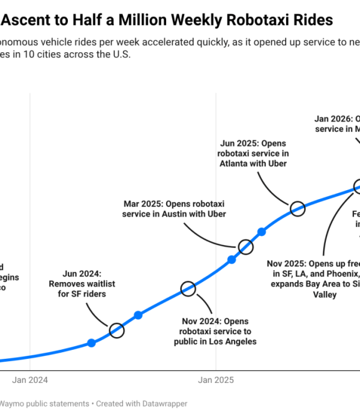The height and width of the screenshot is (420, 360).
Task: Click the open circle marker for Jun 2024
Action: coord(116,330)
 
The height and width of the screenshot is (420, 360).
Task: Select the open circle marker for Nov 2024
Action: coord(188,289)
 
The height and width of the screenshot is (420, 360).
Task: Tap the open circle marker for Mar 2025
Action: coord(245,247)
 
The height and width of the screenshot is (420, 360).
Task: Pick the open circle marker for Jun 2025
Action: coord(298,209)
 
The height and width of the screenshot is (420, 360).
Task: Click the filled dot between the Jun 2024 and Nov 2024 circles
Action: coord(138,315)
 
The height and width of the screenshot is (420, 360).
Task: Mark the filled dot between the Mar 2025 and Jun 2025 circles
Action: coord(262,232)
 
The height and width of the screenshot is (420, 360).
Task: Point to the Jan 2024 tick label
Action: coord(30,380)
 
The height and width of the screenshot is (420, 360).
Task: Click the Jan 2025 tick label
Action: coord(216,380)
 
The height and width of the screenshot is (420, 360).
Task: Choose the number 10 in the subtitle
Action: coord(32,54)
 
